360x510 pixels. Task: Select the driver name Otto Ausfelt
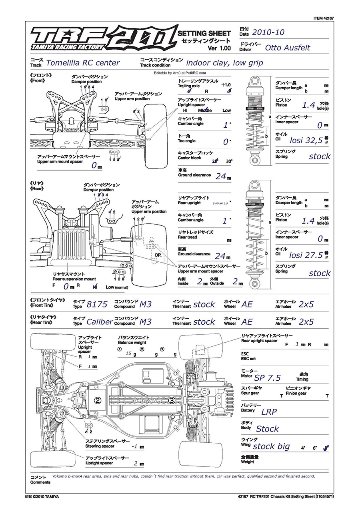[x=287, y=48]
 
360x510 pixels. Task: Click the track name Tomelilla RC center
[x=83, y=63]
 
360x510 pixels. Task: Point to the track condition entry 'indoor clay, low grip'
[x=224, y=63]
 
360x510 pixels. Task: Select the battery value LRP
[x=269, y=412]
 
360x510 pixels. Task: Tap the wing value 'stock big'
[x=271, y=446]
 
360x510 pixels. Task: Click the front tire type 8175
[x=97, y=304]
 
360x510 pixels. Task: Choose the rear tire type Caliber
[x=100, y=321]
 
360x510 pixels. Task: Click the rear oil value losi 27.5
[x=306, y=255]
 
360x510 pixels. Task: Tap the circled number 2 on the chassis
[x=98, y=400]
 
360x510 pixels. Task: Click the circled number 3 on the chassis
[x=172, y=400]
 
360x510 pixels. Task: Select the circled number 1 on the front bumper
[x=47, y=400]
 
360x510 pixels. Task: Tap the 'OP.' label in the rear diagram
[x=158, y=255]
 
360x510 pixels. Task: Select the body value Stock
[x=267, y=429]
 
